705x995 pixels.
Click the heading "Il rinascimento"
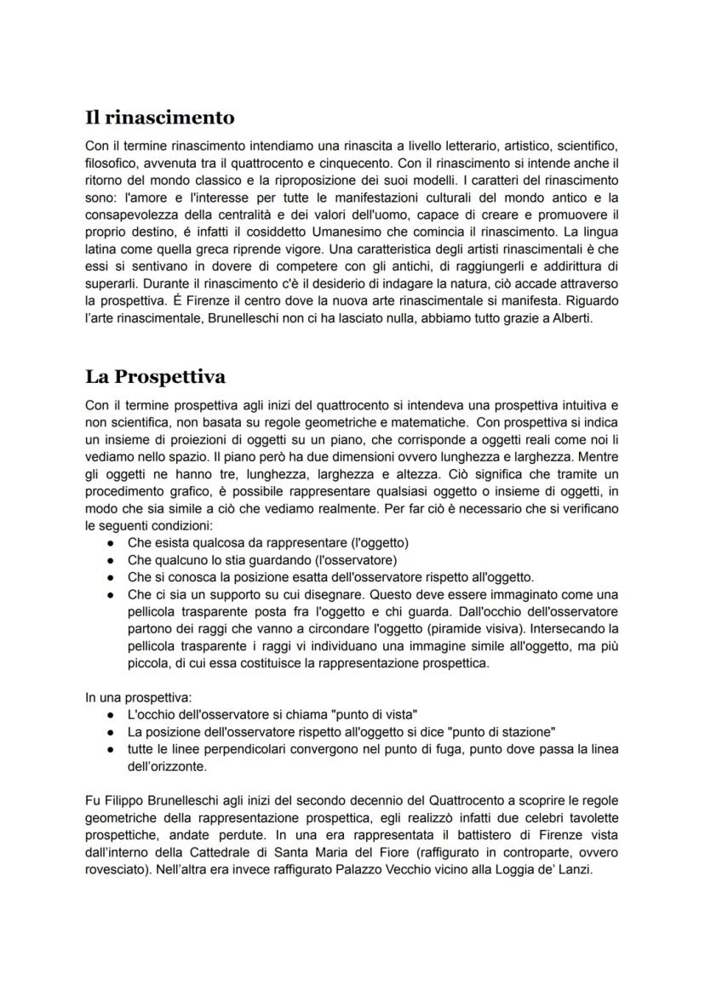tap(160, 117)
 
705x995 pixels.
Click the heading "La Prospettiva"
tap(155, 376)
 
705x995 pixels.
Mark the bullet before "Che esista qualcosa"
tap(111, 542)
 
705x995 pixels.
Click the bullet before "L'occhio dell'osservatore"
tap(111, 713)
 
